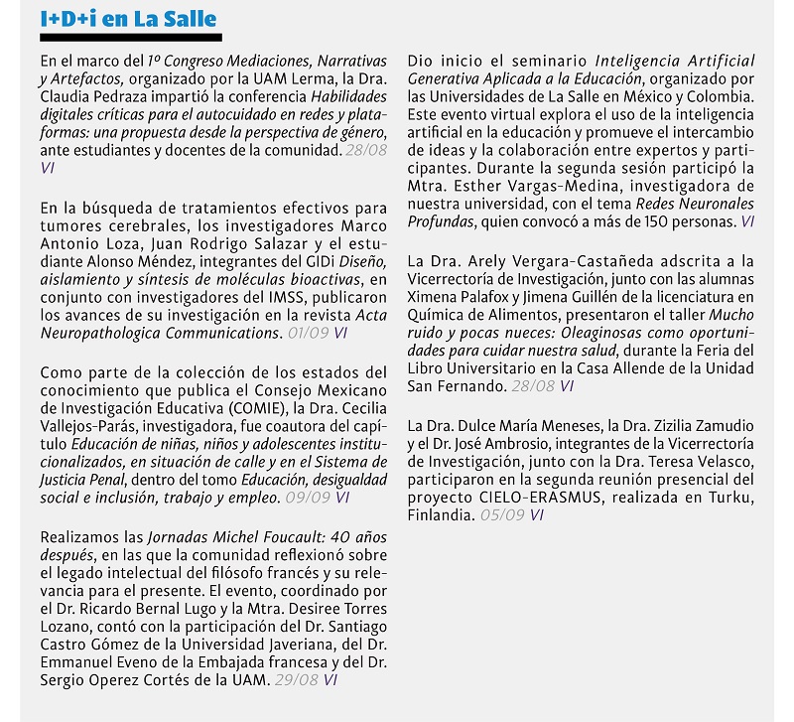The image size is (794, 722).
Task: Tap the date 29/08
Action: pyautogui.click(x=296, y=681)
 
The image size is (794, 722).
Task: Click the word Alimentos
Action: pyautogui.click(x=511, y=315)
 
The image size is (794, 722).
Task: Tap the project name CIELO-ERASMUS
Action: pyautogui.click(x=527, y=497)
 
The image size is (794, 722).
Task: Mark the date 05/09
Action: pyautogui.click(x=501, y=514)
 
